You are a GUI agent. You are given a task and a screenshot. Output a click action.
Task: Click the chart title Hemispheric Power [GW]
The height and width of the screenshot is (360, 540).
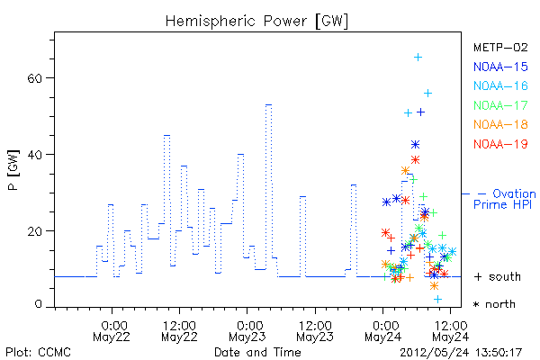pyautogui.click(x=256, y=22)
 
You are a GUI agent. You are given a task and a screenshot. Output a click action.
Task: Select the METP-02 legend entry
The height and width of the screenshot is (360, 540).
pyautogui.click(x=500, y=47)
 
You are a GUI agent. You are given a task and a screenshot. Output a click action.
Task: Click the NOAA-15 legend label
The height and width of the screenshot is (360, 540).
pyautogui.click(x=500, y=67)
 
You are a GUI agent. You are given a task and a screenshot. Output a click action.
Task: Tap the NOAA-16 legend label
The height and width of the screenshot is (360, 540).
pyautogui.click(x=500, y=85)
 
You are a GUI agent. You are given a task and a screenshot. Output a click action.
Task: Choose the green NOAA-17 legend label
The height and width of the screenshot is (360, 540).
pyautogui.click(x=500, y=105)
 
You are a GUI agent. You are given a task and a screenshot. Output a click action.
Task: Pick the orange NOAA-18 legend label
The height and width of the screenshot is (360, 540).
pyautogui.click(x=500, y=124)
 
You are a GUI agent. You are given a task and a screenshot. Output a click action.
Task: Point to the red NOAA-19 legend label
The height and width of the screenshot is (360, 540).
pyautogui.click(x=500, y=144)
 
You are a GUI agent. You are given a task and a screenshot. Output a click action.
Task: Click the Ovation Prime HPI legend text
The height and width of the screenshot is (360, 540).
pyautogui.click(x=505, y=199)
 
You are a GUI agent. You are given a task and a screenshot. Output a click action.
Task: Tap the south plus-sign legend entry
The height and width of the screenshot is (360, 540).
pyautogui.click(x=498, y=276)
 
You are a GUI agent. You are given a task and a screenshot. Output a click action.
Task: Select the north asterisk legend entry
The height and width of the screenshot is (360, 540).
pyautogui.click(x=494, y=304)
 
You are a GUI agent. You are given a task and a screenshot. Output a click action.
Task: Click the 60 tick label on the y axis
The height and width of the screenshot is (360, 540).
pyautogui.click(x=34, y=78)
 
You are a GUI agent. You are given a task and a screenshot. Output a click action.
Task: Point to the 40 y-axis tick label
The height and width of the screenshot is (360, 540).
pyautogui.click(x=34, y=155)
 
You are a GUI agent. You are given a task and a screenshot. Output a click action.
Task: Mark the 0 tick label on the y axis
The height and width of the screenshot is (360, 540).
pyautogui.click(x=38, y=304)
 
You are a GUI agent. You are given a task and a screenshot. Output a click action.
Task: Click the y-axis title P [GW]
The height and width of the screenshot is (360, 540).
pyautogui.click(x=13, y=170)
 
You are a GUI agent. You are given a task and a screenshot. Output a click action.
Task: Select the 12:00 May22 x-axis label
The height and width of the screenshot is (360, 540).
pyautogui.click(x=179, y=331)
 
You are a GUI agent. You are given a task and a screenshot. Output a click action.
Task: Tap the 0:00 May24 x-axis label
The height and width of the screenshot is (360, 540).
pyautogui.click(x=382, y=331)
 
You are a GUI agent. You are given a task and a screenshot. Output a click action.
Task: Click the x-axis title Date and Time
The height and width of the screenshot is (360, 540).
pyautogui.click(x=257, y=353)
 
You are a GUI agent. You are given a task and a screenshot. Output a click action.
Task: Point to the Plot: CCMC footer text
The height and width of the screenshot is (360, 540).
pyautogui.click(x=38, y=353)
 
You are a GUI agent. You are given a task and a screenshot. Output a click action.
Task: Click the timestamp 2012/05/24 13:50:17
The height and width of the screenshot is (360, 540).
pyautogui.click(x=461, y=353)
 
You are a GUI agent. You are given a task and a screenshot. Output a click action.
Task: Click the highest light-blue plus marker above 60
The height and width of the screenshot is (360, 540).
pyautogui.click(x=418, y=58)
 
